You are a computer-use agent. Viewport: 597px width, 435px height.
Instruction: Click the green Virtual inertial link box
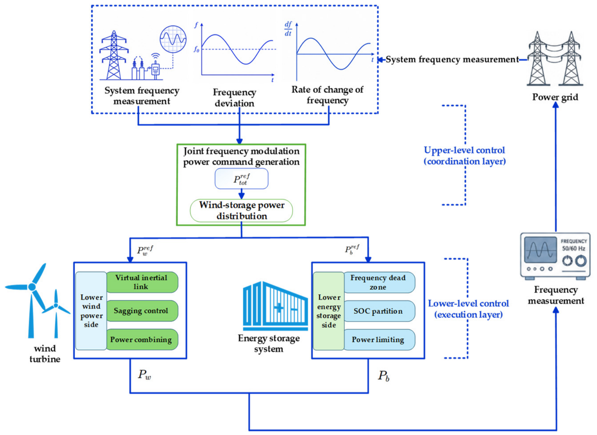142,282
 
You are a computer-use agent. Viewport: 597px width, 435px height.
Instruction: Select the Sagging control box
142,311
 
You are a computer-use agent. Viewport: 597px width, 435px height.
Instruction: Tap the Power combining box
142,339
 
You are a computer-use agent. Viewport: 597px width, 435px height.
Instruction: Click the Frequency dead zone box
379,282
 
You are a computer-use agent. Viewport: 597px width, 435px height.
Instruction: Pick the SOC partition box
379,311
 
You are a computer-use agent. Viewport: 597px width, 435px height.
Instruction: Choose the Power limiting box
379,340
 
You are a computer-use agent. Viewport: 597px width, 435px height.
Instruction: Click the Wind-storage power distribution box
241,210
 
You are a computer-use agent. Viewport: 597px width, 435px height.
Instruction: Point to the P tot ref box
241,179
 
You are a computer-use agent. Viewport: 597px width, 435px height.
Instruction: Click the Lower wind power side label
91,311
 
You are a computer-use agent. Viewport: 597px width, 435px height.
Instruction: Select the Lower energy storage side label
329,311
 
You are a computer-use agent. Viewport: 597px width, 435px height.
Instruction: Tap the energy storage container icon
275,306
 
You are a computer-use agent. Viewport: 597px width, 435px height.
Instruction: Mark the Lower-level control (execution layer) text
469,309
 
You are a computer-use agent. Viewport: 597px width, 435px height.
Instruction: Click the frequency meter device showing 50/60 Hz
555,256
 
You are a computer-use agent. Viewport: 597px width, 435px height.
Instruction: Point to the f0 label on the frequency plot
197,49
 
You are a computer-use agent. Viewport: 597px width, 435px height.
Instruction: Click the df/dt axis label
288,29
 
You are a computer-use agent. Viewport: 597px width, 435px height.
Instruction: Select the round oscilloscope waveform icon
173,39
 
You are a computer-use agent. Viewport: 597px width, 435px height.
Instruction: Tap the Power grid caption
555,97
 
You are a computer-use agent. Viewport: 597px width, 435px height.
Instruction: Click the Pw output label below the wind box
144,375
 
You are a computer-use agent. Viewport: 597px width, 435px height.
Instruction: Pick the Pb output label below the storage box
384,376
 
